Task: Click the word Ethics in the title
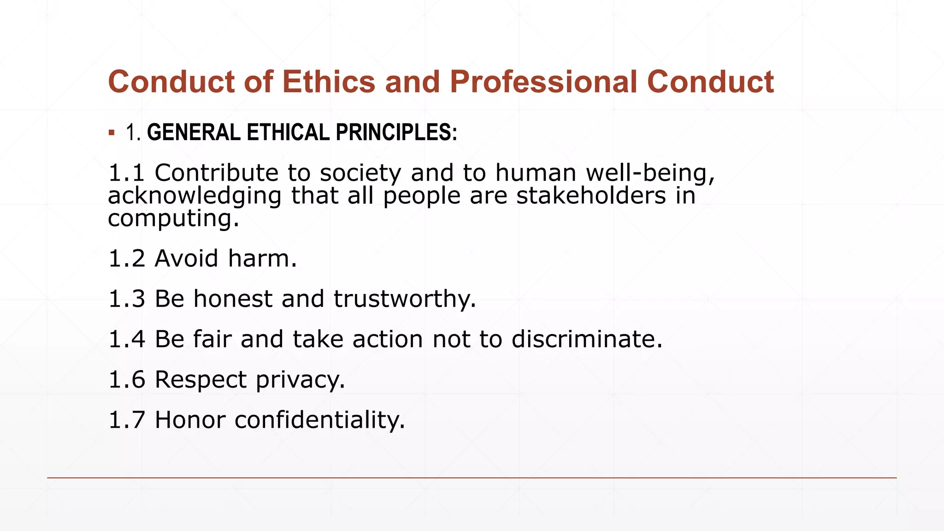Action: click(x=329, y=82)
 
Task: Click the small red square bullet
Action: click(x=112, y=133)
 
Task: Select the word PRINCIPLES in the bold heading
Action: click(x=396, y=132)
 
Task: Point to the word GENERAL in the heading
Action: click(x=194, y=132)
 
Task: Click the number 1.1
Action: click(x=126, y=173)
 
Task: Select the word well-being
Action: click(x=650, y=173)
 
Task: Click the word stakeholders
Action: click(x=591, y=195)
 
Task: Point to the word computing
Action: click(x=173, y=218)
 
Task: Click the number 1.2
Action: click(x=126, y=258)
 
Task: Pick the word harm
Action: click(x=262, y=258)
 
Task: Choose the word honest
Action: click(x=233, y=299)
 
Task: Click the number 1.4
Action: click(x=126, y=339)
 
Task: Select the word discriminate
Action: click(x=587, y=339)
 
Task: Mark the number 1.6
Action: click(x=126, y=380)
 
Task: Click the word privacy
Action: click(x=300, y=380)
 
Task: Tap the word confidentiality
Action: click(x=319, y=420)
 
